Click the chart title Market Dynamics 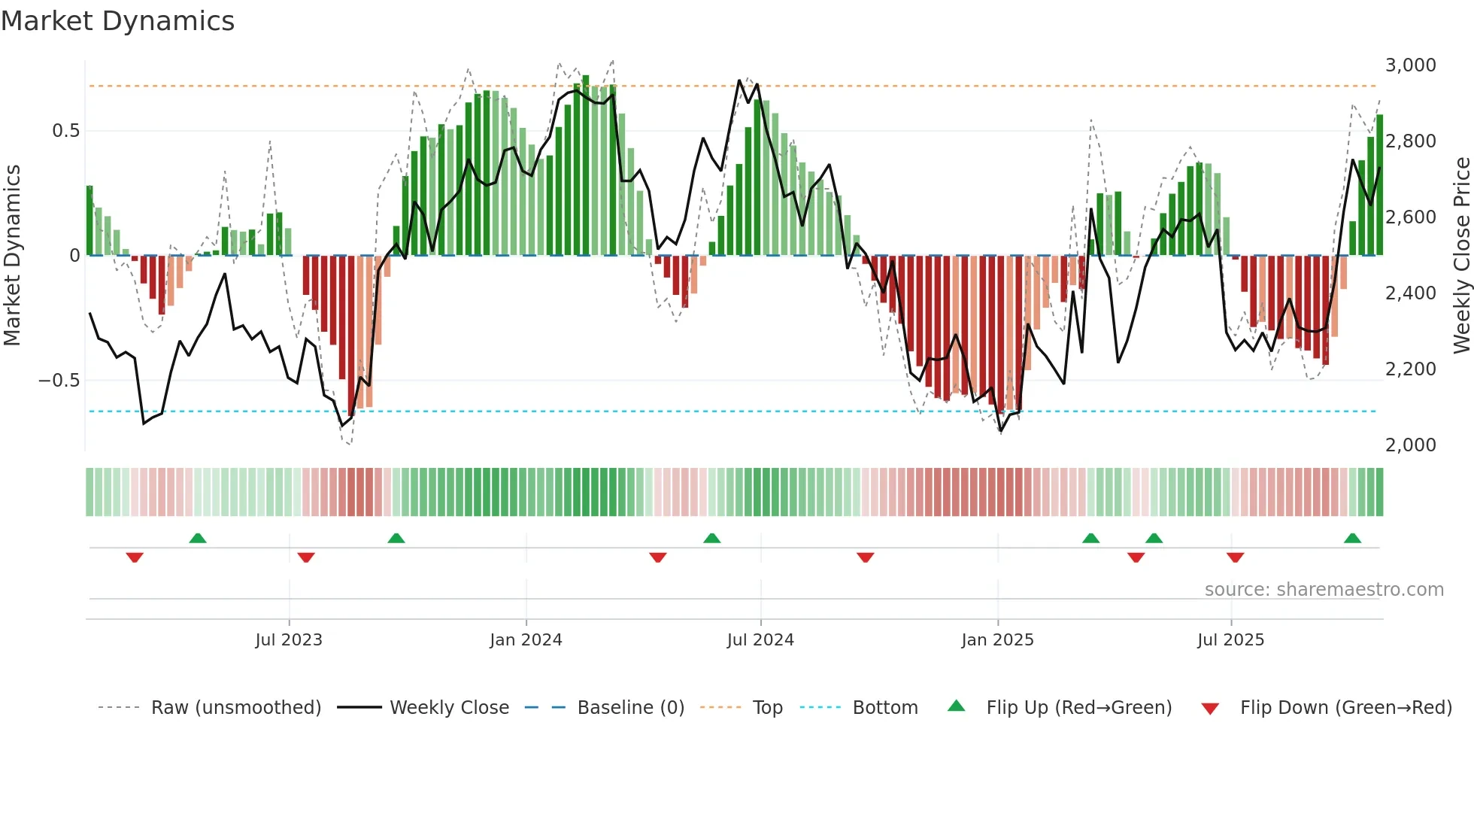pos(117,21)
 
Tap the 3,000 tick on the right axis pos(1410,65)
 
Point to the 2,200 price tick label pos(1410,369)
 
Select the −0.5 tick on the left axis pos(59,381)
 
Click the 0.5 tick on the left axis pos(65,131)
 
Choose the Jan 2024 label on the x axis pos(526,640)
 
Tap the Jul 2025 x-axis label pos(1230,640)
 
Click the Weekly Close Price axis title pos(1461,255)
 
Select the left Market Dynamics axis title pos(12,255)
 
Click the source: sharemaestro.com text pos(1324,590)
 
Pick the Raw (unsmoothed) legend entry pos(235,708)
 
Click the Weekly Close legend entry pos(449,708)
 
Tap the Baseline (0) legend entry pos(630,708)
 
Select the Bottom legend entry pos(884,708)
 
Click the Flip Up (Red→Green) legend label pos(1078,708)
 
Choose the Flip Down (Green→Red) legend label pos(1345,708)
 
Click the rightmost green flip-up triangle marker pos(1352,538)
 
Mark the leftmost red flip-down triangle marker pos(135,557)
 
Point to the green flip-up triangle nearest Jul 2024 pos(711,538)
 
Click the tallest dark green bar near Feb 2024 pos(586,165)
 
